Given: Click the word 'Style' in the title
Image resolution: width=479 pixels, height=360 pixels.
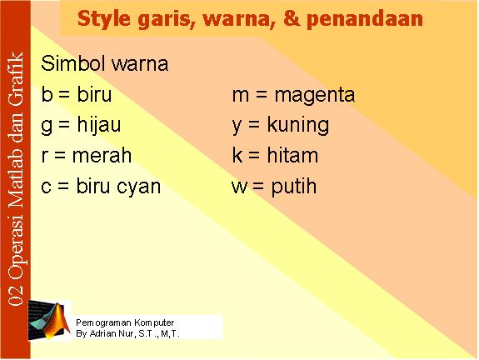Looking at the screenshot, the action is click(104, 19).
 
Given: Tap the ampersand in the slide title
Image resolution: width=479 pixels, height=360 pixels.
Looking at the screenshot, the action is click(292, 17).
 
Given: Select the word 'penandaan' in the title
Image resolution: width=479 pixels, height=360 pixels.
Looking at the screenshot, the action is click(365, 19).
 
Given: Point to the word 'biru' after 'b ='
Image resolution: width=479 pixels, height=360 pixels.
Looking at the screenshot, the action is click(94, 93).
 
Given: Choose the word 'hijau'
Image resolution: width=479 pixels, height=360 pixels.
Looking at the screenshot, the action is click(99, 125).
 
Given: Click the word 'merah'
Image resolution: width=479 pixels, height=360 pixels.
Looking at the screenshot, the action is click(102, 155).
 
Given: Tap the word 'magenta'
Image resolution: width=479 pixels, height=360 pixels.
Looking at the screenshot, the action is click(315, 95).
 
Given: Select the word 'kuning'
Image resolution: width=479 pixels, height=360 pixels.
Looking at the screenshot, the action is click(298, 125).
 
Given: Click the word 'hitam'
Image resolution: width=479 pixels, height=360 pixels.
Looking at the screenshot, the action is click(292, 155).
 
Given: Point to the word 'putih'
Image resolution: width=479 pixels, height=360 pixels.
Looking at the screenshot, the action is click(294, 186).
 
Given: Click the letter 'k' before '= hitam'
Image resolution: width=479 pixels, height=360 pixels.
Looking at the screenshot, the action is click(237, 155).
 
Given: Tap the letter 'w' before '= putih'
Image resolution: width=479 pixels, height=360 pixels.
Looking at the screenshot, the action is click(240, 187).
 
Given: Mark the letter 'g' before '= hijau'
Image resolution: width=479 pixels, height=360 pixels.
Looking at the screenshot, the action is click(47, 127).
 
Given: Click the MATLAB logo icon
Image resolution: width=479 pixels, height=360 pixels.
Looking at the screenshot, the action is click(49, 320).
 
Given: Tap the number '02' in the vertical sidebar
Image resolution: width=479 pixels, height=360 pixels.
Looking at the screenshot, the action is click(16, 295).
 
